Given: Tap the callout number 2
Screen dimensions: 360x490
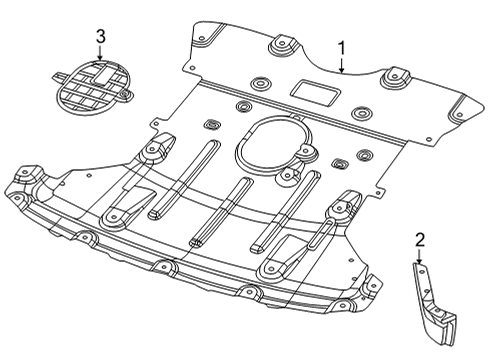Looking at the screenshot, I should (420, 239).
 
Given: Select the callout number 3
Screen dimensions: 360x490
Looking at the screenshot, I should (100, 37).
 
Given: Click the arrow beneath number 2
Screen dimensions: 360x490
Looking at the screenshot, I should (420, 257).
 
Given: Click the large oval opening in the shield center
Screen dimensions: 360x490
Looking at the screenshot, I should (275, 149).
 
